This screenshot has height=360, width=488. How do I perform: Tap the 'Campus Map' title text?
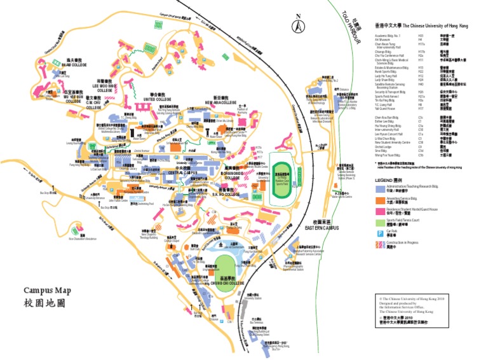point(48,290)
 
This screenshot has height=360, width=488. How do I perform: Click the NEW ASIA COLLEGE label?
point(216,100)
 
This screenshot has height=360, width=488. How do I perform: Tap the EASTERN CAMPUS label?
point(322,227)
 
